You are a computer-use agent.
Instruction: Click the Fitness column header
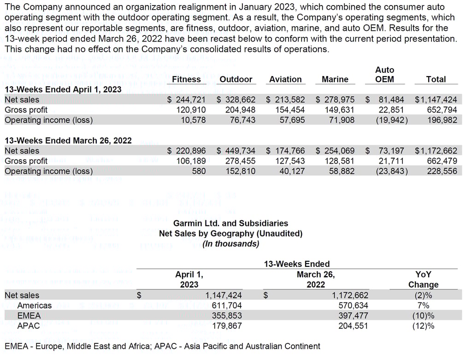click(x=186, y=79)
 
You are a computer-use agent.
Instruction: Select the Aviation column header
click(x=285, y=79)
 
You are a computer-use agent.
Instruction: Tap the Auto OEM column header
click(x=384, y=75)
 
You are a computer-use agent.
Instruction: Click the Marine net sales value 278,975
click(x=335, y=100)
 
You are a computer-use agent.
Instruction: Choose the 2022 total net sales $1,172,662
click(x=436, y=151)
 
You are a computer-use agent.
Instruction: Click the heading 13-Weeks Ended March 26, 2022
click(x=68, y=141)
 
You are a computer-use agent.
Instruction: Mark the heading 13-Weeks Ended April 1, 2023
click(x=63, y=89)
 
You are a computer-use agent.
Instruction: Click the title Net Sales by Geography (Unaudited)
click(x=230, y=233)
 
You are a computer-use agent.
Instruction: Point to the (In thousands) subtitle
click(x=230, y=243)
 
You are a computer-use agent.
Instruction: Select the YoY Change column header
click(x=423, y=279)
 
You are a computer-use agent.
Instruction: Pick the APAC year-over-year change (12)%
click(x=423, y=326)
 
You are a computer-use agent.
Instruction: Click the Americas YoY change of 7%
click(x=423, y=305)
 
